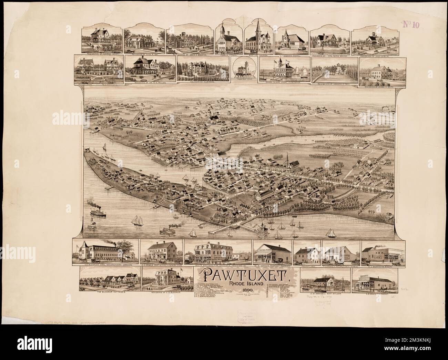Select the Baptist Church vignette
(x=259, y=40)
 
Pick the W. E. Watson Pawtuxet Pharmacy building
(x=272, y=253)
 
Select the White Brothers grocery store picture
(x=217, y=253)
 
